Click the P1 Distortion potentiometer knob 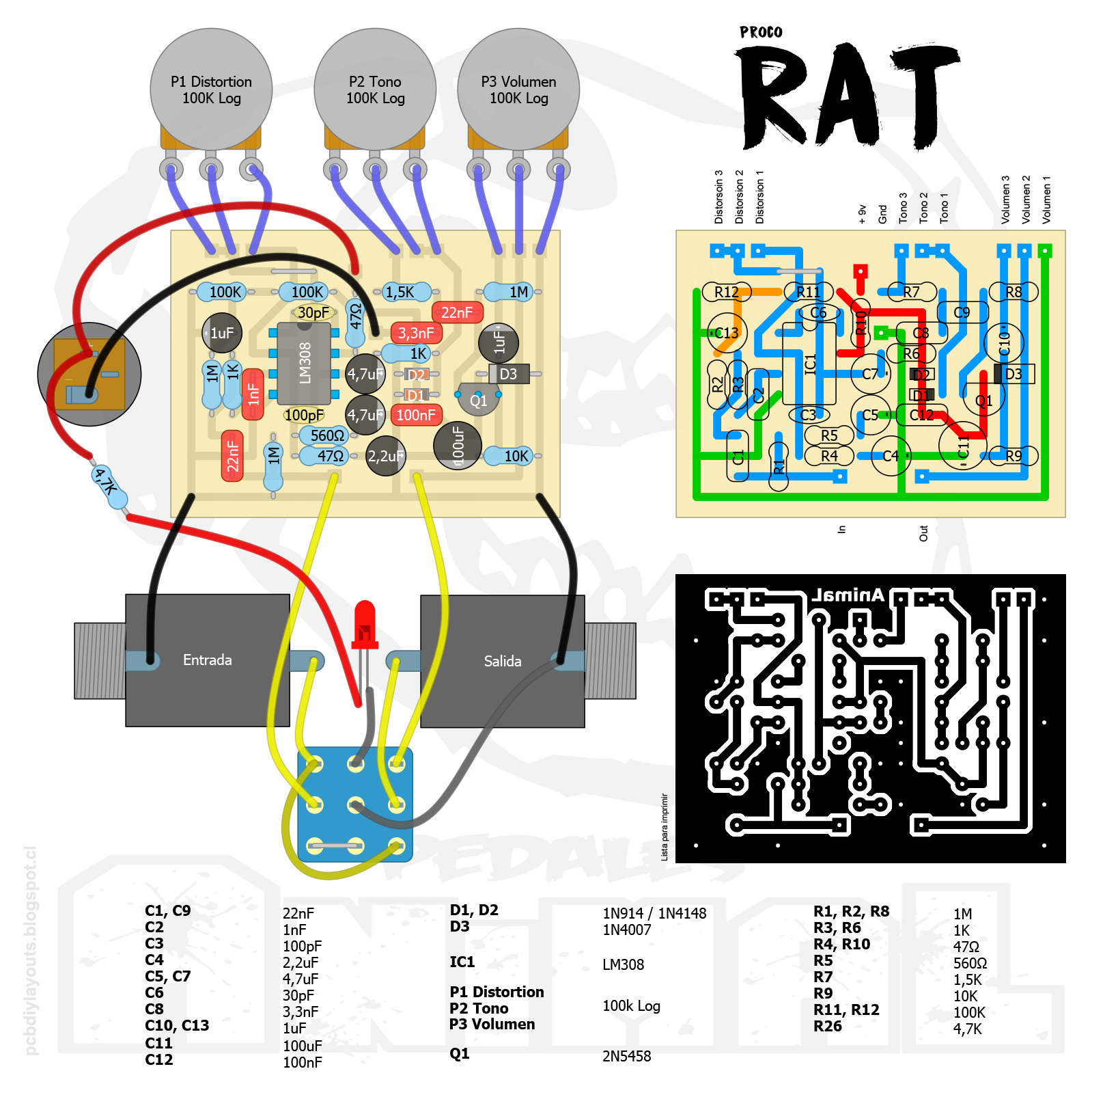[211, 89]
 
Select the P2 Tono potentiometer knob [375, 89]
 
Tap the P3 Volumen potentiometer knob [518, 89]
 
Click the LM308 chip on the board [305, 363]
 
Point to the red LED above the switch [365, 622]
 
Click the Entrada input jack [207, 660]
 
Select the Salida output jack [502, 661]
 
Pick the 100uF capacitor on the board [458, 446]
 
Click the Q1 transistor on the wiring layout [479, 401]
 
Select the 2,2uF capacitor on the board [386, 456]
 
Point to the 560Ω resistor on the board [327, 435]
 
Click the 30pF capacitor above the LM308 [313, 312]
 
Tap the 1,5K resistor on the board [400, 292]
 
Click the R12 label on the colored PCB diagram [726, 292]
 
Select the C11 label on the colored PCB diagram [963, 446]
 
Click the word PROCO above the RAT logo [761, 32]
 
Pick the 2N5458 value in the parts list [626, 1056]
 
